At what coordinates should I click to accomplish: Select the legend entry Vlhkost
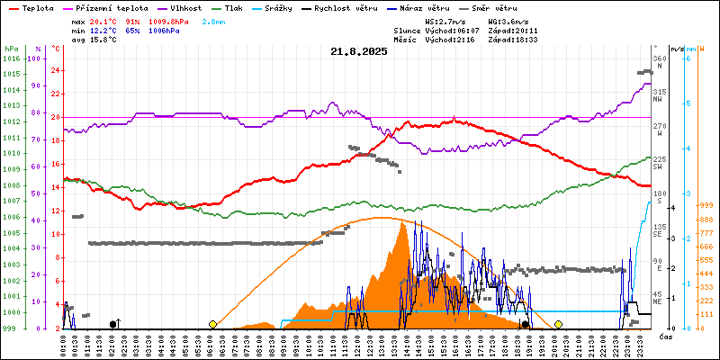pyautogui.click(x=185, y=7)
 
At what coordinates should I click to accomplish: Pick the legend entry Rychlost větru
pyautogui.click(x=344, y=7)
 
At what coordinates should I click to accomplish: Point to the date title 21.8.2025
pyautogui.click(x=359, y=51)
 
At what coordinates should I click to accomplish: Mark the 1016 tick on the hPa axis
pyautogui.click(x=11, y=58)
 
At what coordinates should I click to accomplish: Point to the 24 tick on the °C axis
pyautogui.click(x=56, y=70)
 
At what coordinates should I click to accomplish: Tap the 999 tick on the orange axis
pyautogui.click(x=706, y=205)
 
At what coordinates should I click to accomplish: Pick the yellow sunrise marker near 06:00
pyautogui.click(x=212, y=324)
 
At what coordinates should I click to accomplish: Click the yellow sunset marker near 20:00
pyautogui.click(x=558, y=324)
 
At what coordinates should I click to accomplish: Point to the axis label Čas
pyautogui.click(x=667, y=337)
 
